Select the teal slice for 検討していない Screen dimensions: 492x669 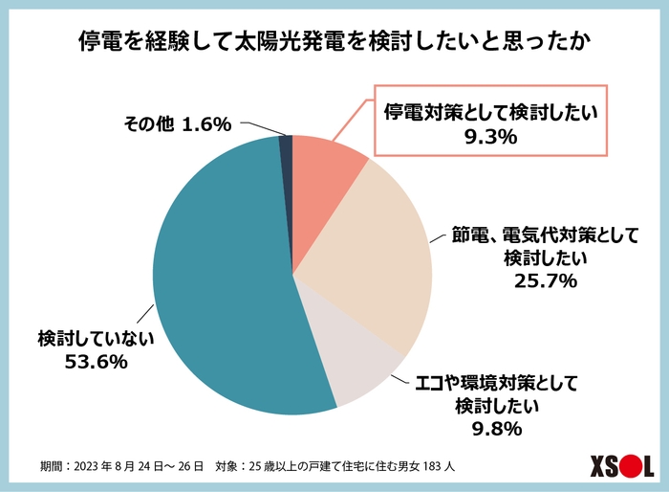click(220, 287)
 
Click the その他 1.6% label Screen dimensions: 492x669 click(178, 123)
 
